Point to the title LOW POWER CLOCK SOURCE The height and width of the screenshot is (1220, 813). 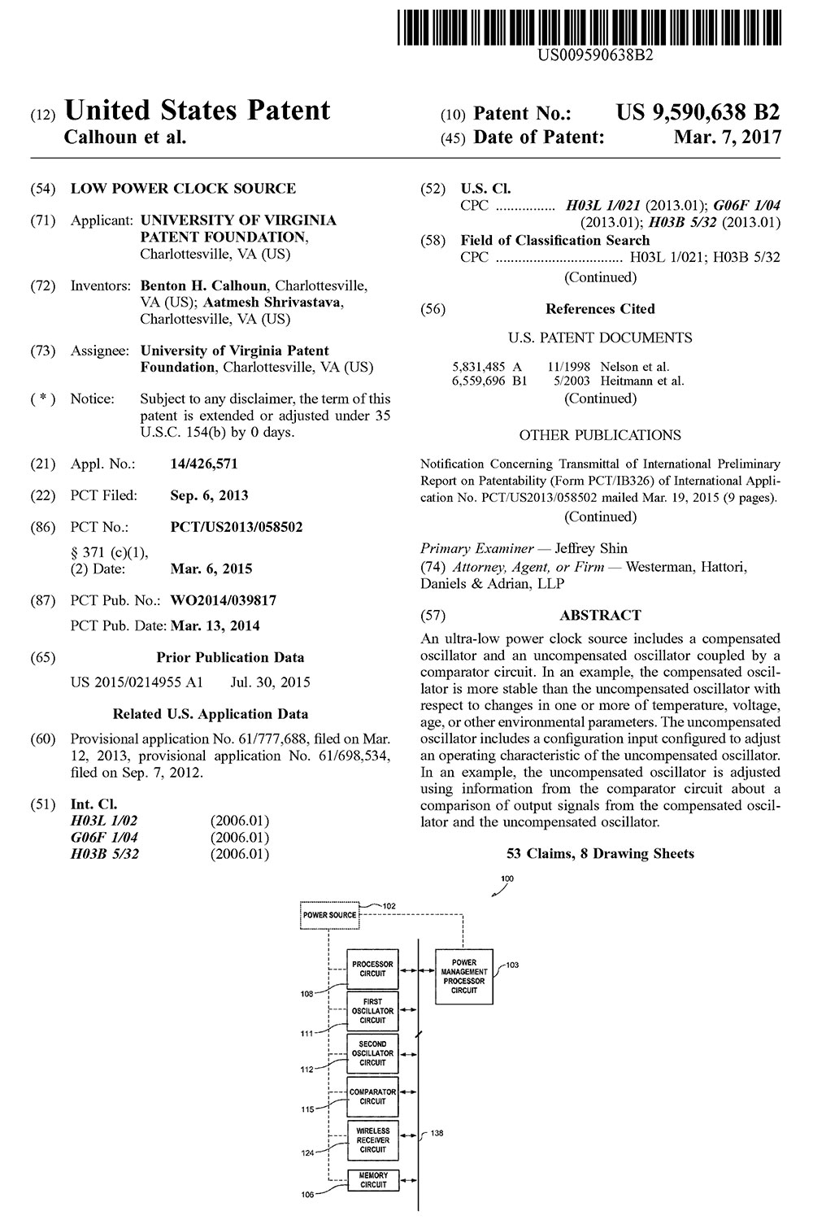[183, 189]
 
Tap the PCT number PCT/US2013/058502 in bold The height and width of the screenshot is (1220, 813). [236, 527]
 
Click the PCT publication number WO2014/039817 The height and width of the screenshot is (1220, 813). [223, 601]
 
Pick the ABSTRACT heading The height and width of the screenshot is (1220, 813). [600, 616]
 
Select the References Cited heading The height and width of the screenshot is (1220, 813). [600, 309]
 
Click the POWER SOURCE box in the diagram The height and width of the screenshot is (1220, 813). [329, 915]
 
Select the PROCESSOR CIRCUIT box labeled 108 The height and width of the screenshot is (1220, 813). [372, 969]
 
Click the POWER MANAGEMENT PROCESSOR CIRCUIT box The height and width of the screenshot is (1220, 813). [464, 976]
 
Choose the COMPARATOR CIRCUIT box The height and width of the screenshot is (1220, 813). [372, 1096]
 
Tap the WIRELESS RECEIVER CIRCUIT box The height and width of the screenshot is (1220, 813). [372, 1139]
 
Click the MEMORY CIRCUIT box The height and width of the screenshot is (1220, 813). [372, 1180]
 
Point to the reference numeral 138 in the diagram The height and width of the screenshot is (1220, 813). [437, 1133]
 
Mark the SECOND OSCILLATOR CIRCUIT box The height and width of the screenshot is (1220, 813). [372, 1053]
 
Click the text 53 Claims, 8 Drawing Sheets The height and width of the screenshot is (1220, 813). [600, 853]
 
